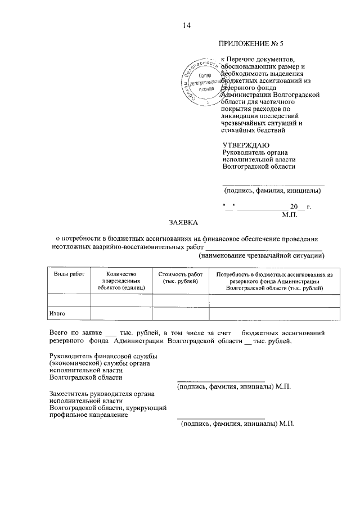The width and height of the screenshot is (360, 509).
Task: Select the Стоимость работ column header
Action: click(181, 277)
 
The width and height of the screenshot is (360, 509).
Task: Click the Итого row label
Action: click(58, 312)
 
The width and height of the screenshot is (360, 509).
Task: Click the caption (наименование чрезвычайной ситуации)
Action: click(262, 256)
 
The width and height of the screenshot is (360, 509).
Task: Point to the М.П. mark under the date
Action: click(289, 214)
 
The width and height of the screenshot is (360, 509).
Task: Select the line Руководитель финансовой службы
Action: click(103, 355)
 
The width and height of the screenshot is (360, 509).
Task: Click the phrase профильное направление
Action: click(88, 416)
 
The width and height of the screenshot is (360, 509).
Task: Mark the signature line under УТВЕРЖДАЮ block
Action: click(273, 184)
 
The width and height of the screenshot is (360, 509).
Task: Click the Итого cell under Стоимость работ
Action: click(181, 313)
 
